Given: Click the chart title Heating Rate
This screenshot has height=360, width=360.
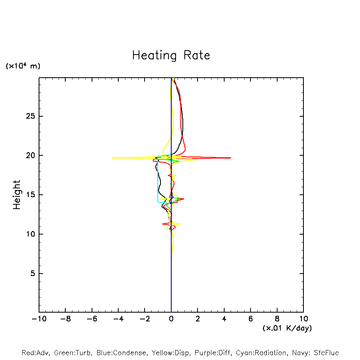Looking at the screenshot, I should point(171,55).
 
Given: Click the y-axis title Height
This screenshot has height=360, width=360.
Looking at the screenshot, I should point(17,195).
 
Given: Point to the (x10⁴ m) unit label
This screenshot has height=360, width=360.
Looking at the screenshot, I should point(23,66).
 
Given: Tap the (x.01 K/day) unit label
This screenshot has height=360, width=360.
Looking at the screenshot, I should point(287,328).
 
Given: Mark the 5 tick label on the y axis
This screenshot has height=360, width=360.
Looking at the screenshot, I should point(33,274).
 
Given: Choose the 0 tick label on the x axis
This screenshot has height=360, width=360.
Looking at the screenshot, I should point(171,319).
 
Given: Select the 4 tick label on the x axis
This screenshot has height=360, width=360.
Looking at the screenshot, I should point(224,319).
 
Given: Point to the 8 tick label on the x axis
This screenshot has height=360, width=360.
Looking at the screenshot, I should point(277,319).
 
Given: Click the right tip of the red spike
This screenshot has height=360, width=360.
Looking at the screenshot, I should point(231,158).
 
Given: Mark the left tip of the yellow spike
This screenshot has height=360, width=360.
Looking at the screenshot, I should point(113,158).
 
